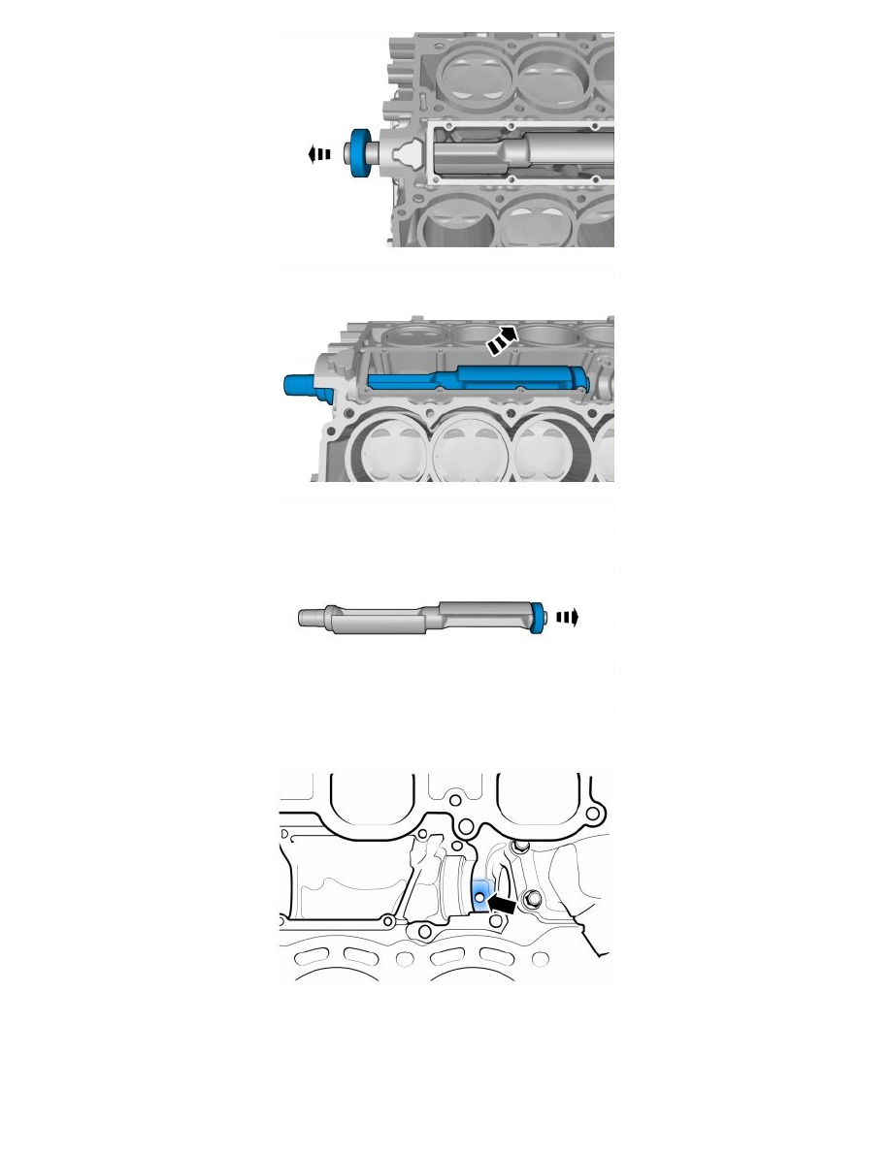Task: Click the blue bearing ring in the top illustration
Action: [364, 154]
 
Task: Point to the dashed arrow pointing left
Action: [319, 154]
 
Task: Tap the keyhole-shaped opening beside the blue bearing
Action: [407, 155]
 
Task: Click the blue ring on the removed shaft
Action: [538, 615]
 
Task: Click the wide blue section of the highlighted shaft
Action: [514, 378]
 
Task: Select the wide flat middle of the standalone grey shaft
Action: [379, 619]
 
